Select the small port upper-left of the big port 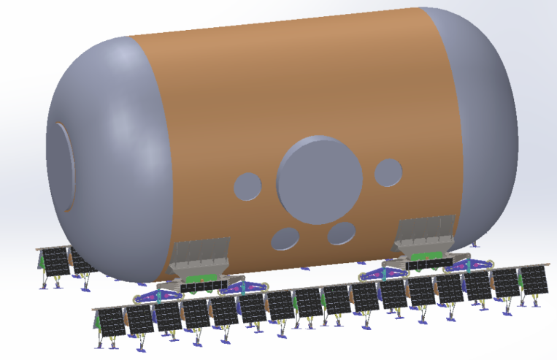(248, 186)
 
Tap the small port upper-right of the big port (388, 172)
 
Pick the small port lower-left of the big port (285, 238)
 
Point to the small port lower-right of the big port (341, 234)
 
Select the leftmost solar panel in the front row (111, 321)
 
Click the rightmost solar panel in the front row (531, 280)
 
